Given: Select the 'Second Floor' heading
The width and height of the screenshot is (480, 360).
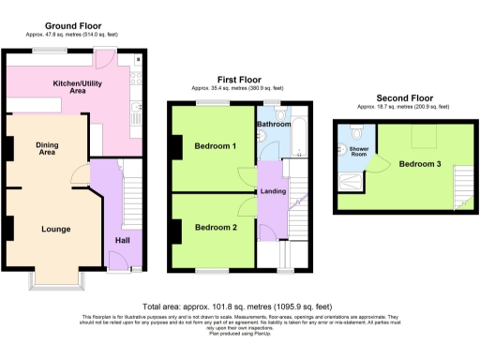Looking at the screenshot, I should click(x=404, y=97).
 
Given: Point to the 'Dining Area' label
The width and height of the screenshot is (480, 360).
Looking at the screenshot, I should click(x=48, y=149).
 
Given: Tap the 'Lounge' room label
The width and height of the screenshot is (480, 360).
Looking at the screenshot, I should click(x=55, y=227).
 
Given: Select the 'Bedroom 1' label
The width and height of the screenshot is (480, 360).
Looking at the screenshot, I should click(x=215, y=147).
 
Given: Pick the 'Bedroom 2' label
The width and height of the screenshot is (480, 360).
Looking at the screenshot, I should click(x=215, y=227).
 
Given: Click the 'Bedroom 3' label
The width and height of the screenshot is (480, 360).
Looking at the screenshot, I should click(x=419, y=163).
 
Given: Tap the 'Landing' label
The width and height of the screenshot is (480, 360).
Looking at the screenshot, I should click(x=274, y=192).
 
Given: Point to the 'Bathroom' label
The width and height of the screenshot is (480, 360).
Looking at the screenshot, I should click(x=274, y=124).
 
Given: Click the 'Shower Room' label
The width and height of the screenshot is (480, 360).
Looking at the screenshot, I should click(x=359, y=152).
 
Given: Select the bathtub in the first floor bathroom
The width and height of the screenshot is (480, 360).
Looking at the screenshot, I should click(x=299, y=141).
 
